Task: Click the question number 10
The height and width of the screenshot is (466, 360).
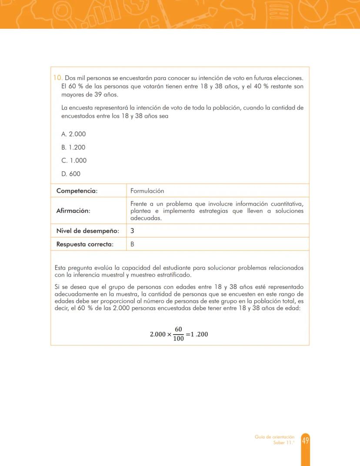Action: [58, 78]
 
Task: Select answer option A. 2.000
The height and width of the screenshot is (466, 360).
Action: [73, 134]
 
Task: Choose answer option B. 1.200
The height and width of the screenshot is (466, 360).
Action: [73, 147]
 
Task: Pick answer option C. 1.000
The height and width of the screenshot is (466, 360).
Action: [74, 160]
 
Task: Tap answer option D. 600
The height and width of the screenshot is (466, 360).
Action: [71, 174]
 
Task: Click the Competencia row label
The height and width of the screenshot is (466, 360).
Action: [77, 191]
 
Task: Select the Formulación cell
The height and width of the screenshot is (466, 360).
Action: [147, 191]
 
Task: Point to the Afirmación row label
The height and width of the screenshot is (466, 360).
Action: [73, 211]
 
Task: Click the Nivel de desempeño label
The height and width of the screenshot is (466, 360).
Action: [87, 231]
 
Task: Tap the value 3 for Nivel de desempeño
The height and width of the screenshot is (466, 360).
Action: [132, 231]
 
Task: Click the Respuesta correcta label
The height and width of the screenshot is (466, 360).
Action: [85, 244]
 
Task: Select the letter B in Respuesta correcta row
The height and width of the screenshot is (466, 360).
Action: [132, 244]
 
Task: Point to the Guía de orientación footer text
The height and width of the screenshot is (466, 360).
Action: [274, 437]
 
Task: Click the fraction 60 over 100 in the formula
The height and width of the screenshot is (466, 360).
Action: [178, 334]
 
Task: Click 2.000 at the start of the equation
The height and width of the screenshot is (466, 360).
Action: [158, 334]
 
